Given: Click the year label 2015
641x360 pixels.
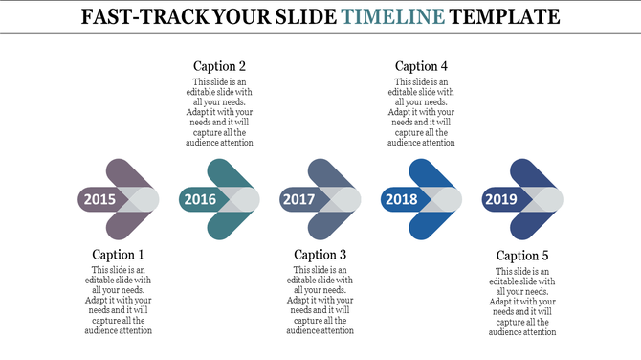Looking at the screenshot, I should [99, 199].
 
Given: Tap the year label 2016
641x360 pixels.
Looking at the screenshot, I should [200, 199].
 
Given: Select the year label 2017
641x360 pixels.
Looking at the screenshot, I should [298, 199].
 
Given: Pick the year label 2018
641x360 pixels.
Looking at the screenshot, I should [401, 199].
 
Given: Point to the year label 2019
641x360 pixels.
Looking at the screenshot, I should [501, 199].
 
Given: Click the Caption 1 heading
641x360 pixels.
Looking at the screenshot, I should [119, 255].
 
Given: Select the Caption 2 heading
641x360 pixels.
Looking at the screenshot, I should [220, 66].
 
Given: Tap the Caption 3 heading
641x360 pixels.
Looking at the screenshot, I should [320, 255].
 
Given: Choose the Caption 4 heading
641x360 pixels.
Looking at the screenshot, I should [422, 66].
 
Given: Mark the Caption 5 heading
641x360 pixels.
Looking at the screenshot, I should [522, 256].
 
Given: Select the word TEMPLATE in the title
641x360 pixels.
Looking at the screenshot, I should [505, 16].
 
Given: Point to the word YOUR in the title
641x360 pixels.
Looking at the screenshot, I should [238, 16].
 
